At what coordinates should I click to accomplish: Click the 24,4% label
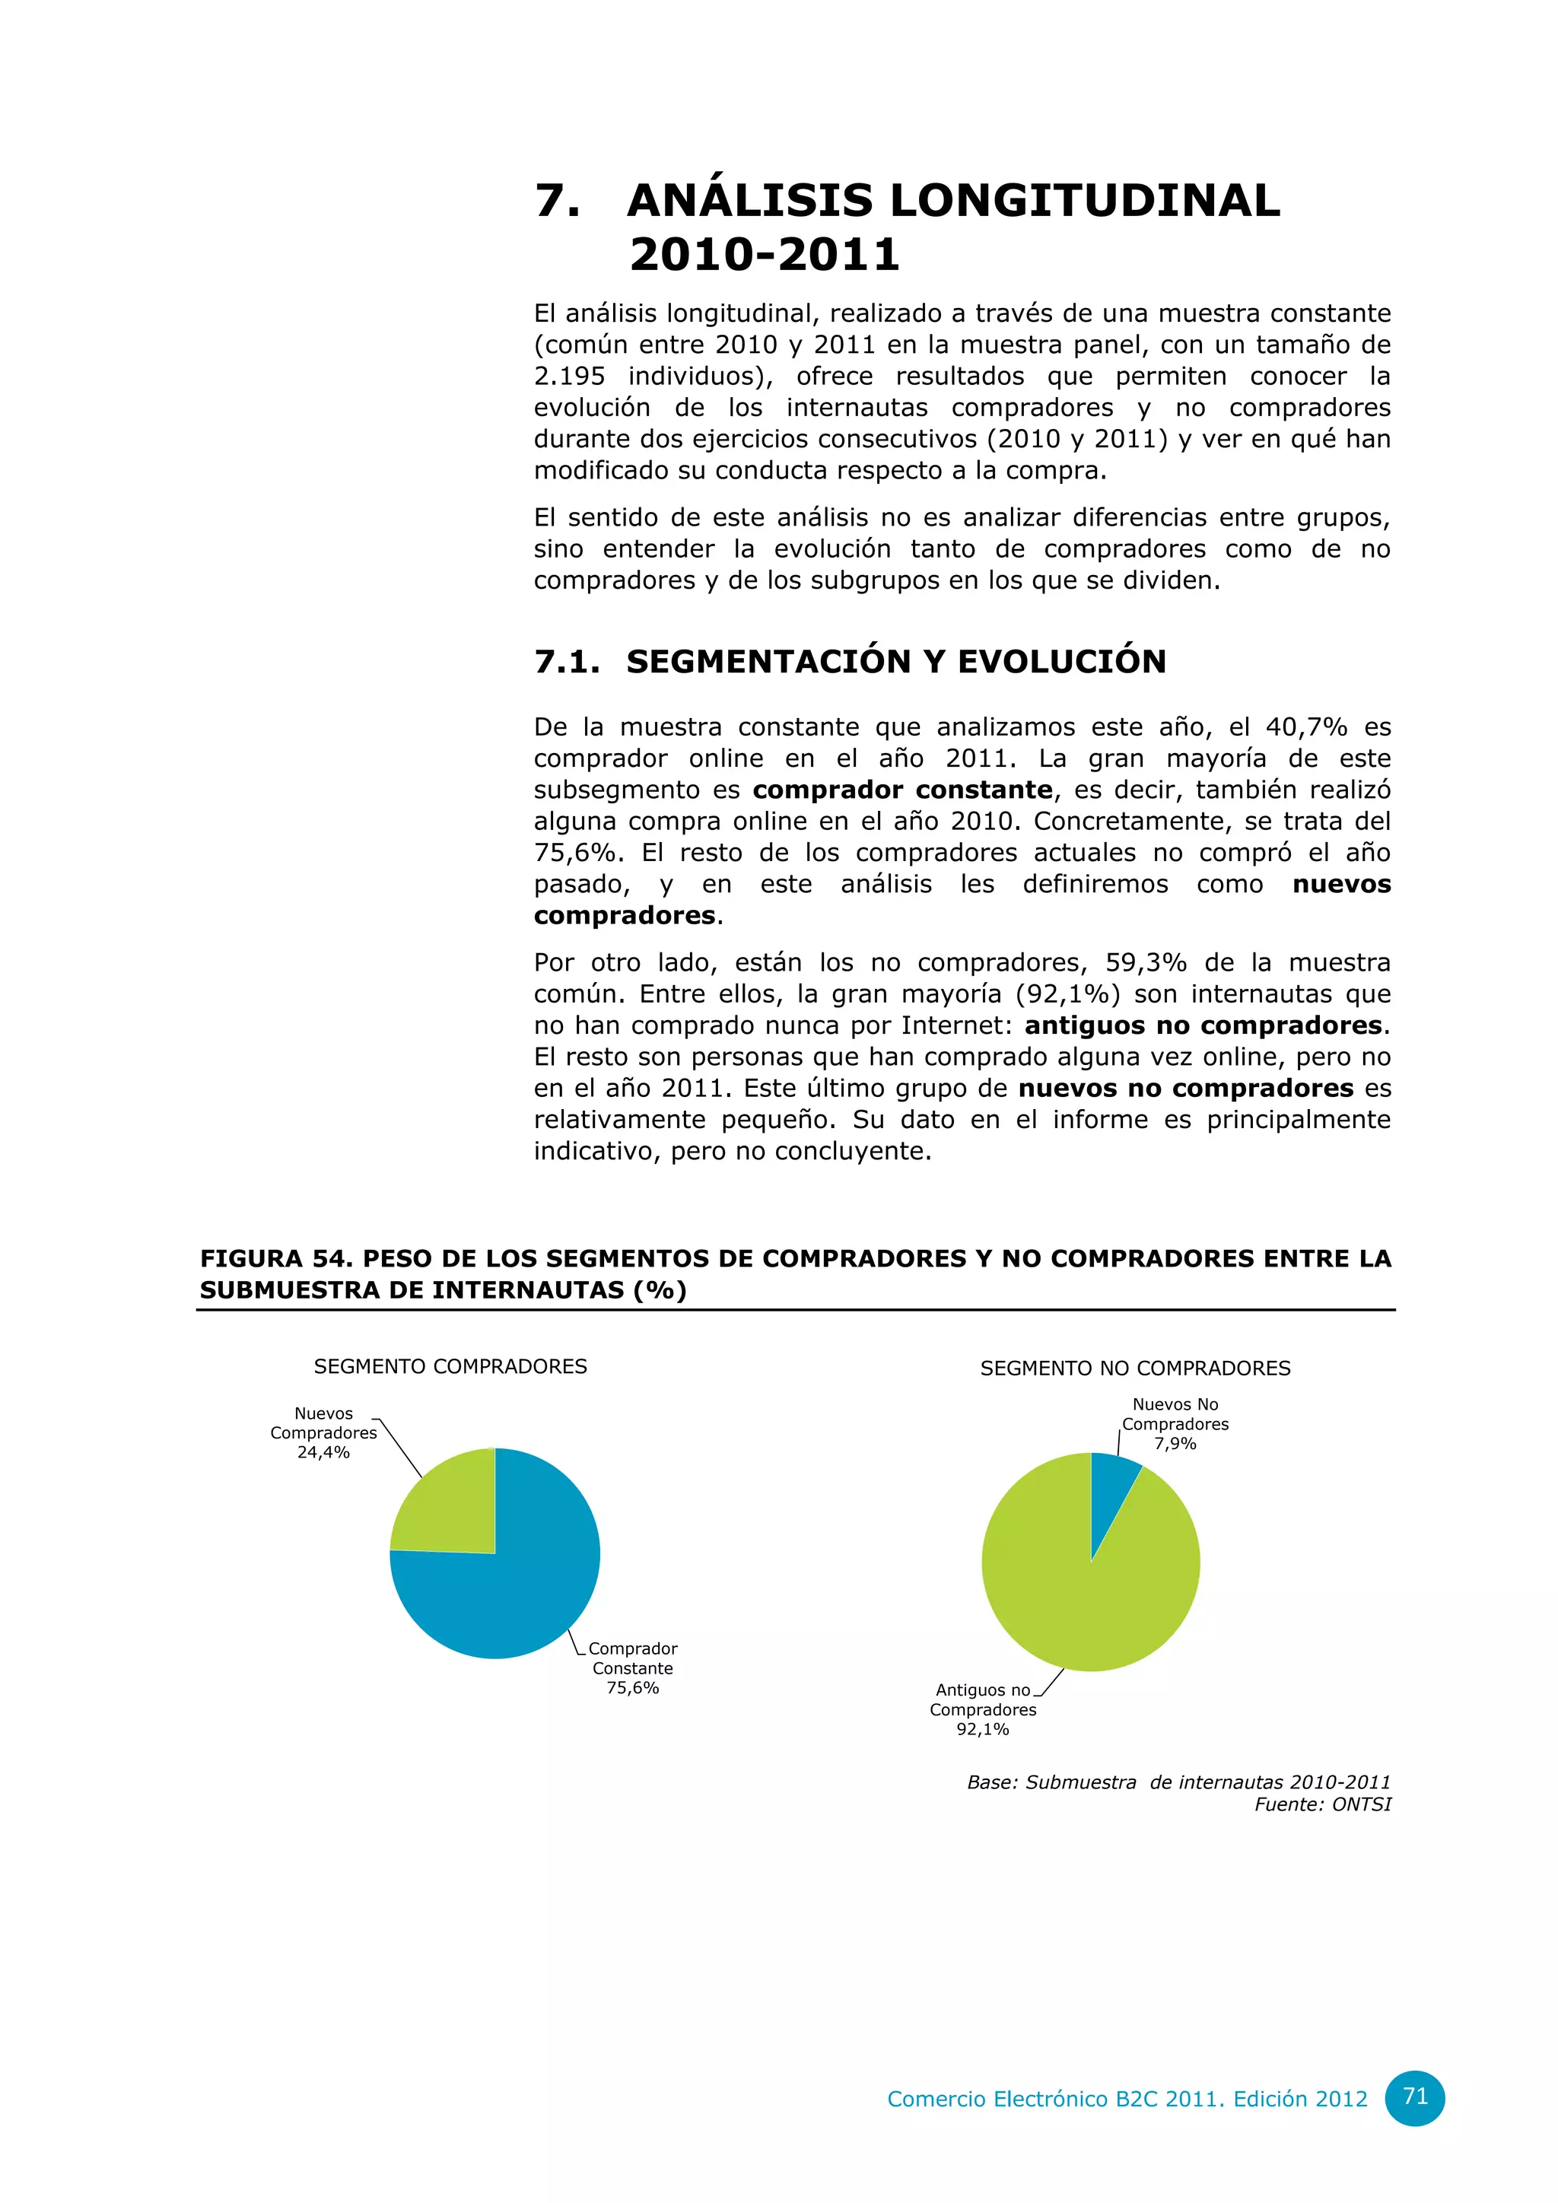[x=323, y=1453]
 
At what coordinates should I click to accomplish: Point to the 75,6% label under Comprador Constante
[x=632, y=1688]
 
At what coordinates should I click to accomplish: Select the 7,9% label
[x=1175, y=1444]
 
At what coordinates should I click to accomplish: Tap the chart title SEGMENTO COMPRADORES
[x=450, y=1366]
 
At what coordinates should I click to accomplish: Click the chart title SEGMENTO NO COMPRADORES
[x=1135, y=1369]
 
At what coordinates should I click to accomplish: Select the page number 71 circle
[x=1415, y=2097]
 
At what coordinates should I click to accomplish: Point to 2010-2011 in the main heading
[x=765, y=254]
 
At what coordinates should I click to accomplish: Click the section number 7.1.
[x=567, y=662]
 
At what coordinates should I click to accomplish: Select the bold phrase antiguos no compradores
[x=1203, y=1025]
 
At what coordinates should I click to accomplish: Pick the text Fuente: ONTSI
[x=1322, y=1805]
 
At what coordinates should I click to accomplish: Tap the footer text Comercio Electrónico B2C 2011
[x=1055, y=2100]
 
